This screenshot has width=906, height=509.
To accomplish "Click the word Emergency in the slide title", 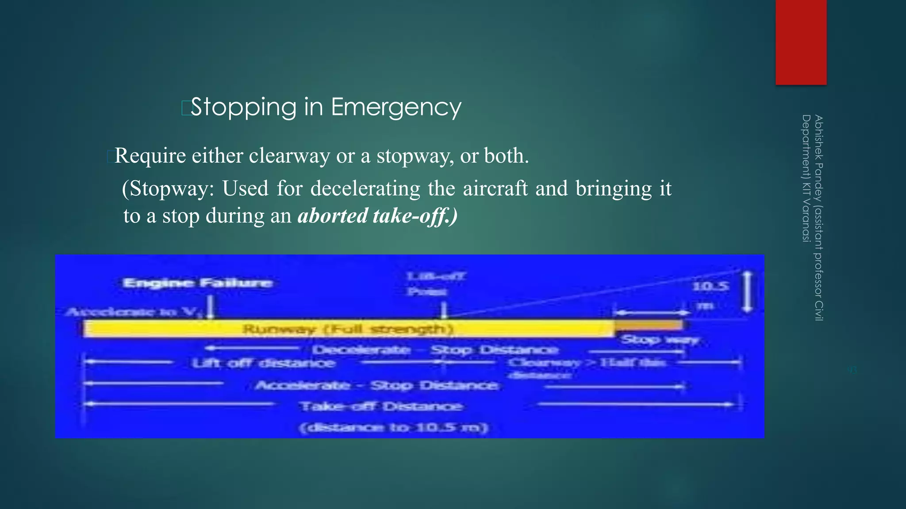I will (396, 107).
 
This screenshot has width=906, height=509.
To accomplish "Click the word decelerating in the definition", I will (365, 189).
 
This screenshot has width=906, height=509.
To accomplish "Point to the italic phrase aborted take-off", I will (377, 216).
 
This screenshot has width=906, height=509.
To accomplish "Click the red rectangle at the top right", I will (801, 42).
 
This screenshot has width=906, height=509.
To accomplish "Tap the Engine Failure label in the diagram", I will (197, 283).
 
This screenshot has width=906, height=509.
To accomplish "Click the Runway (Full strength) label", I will (348, 329).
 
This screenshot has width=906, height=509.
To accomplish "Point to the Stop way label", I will (660, 340).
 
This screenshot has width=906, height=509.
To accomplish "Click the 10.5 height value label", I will (710, 286).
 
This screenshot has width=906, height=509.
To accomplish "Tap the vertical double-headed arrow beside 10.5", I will (747, 292).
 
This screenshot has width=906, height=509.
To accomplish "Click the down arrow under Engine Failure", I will (211, 307).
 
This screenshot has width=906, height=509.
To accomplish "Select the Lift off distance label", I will (264, 363).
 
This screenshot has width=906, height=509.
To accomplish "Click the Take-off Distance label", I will (381, 406).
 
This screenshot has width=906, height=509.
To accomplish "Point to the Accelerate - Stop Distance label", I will (376, 385).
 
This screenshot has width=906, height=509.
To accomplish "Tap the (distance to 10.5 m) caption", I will (393, 428).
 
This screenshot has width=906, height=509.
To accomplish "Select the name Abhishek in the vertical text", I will (818, 137).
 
